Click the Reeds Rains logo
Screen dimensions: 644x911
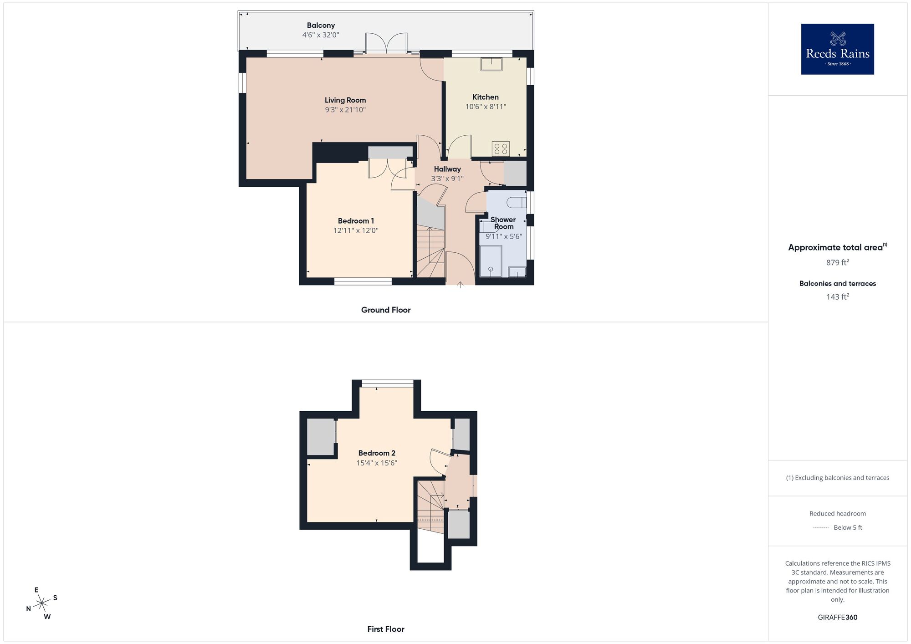pos(837,49)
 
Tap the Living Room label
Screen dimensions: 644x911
pos(345,100)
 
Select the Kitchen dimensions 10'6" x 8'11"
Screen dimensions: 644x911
pos(486,107)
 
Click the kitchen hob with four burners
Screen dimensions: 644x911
pos(501,148)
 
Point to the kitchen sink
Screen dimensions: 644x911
pos(491,64)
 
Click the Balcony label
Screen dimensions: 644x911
pos(321,26)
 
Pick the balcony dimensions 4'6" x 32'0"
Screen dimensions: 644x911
pos(321,35)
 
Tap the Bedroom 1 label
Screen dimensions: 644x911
pos(356,221)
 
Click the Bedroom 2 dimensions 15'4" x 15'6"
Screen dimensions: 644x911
pos(377,463)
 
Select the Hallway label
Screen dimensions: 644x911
pos(447,169)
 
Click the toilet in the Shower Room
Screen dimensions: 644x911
pos(518,202)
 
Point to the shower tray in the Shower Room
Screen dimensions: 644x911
pos(491,261)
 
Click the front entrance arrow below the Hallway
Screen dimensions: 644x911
pos(461,285)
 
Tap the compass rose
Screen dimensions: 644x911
pos(42,603)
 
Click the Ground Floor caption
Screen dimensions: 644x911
pos(386,310)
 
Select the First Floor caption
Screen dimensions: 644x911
pos(386,629)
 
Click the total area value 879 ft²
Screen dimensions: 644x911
pos(837,262)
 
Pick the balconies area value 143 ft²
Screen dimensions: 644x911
pos(837,297)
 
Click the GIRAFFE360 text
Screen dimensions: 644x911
pos(837,618)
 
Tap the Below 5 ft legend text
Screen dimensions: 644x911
pos(848,527)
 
